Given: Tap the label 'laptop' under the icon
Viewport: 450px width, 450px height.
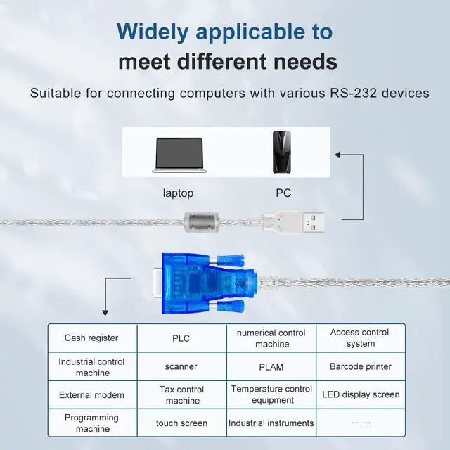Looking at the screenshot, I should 177,193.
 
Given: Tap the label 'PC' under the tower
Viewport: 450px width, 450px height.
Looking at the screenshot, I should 283,193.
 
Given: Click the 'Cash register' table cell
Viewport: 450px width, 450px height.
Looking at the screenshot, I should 91,338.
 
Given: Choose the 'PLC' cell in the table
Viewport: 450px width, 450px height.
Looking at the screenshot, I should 181,338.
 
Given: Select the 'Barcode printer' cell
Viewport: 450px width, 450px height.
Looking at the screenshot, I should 361,366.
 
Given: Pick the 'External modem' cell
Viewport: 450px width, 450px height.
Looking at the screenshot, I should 91,394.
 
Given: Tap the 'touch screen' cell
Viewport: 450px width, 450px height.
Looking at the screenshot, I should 181,423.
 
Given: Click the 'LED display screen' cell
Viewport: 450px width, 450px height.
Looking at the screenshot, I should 361,394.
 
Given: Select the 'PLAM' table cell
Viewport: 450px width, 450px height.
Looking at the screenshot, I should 271,366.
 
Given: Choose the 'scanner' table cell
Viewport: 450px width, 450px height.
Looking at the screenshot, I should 181,366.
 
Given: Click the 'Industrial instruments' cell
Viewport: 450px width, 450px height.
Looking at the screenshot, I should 271,423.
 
